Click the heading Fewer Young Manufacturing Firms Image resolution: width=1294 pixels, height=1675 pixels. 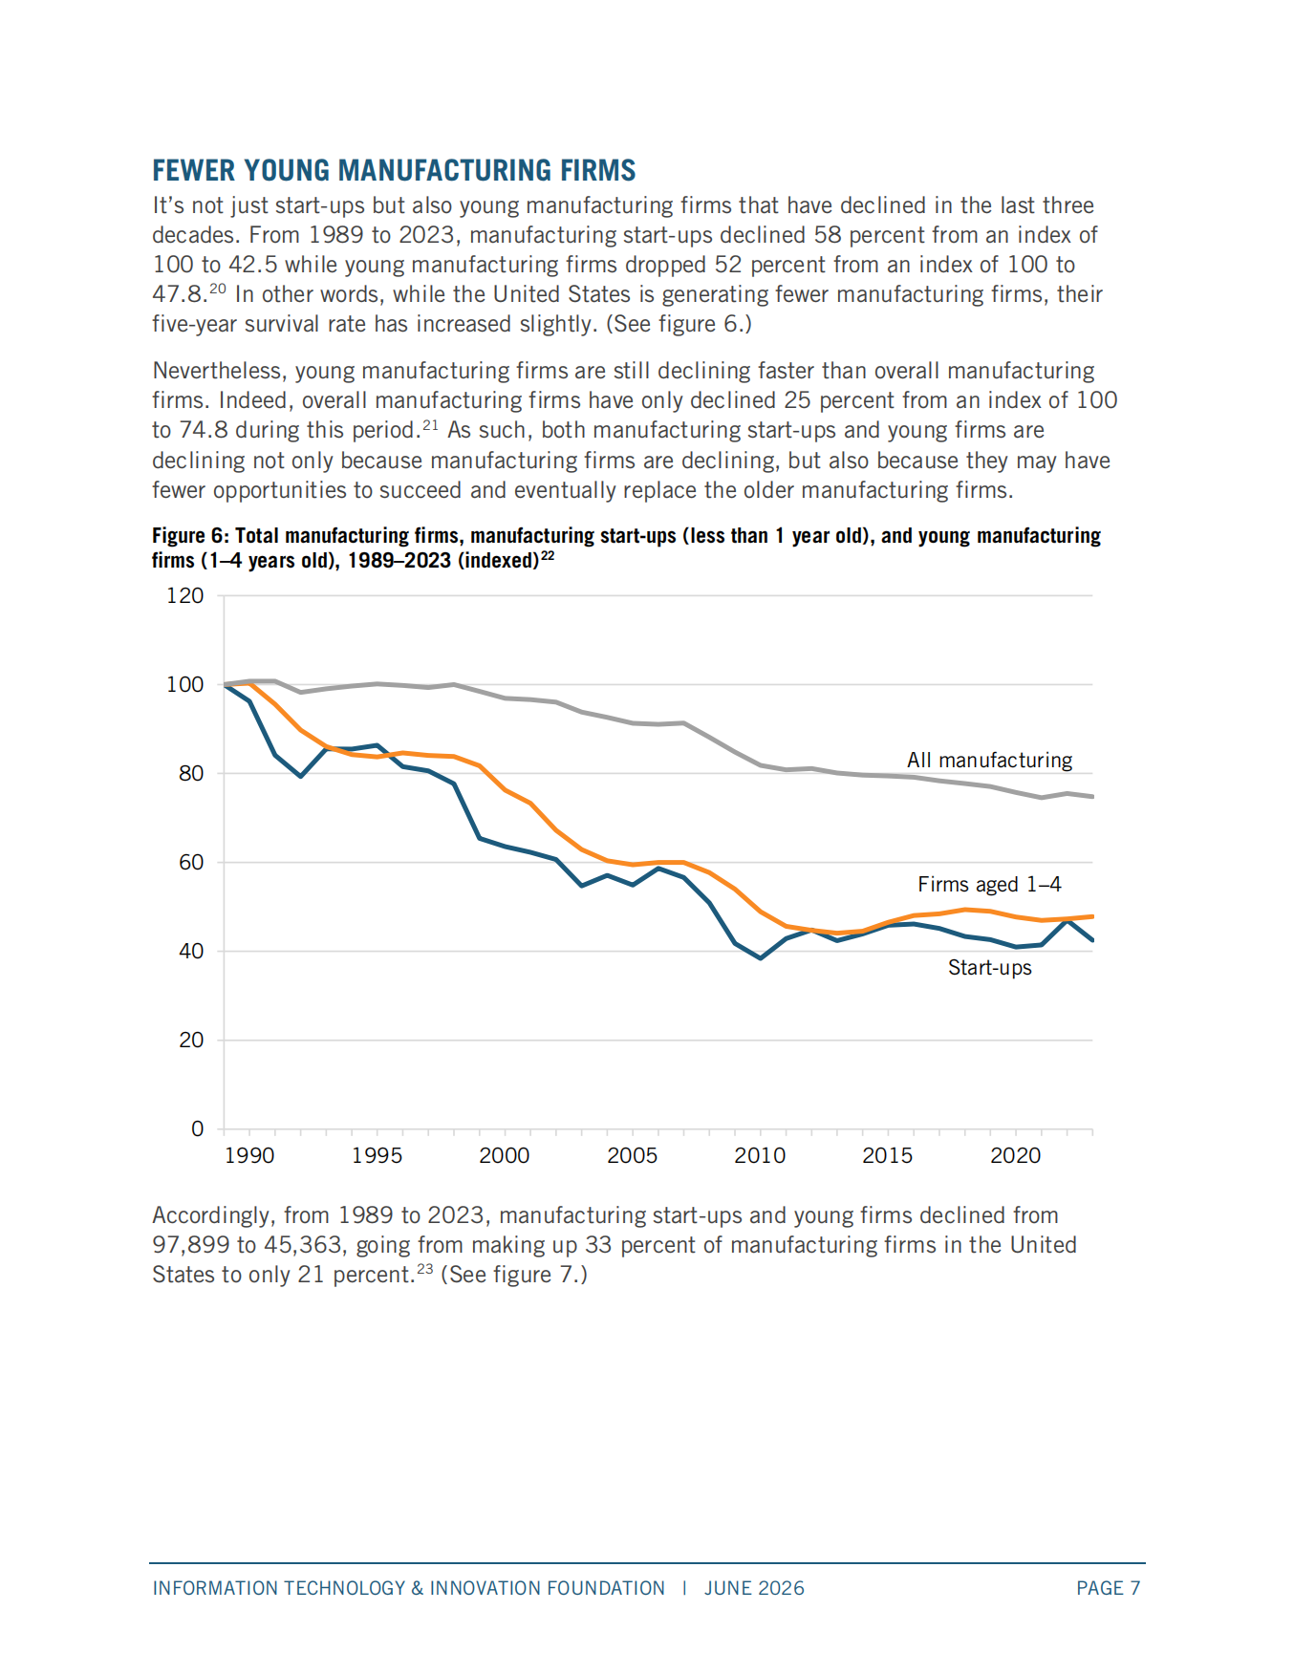(394, 170)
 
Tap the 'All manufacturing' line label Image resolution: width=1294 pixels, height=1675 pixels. (989, 760)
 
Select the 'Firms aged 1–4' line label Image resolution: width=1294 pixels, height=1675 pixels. (989, 884)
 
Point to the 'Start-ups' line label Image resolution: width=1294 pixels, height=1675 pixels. (989, 967)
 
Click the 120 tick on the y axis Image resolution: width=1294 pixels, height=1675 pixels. (185, 595)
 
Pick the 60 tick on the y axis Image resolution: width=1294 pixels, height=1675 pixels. (191, 862)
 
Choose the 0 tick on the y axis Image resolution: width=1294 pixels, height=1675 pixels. (198, 1128)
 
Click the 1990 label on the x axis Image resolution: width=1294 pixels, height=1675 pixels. (249, 1155)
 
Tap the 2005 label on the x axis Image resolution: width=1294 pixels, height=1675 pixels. (633, 1155)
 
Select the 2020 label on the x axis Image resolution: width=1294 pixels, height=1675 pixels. (1016, 1155)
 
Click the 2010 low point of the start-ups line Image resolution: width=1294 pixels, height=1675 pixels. (761, 957)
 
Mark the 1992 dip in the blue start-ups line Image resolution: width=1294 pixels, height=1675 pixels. (301, 776)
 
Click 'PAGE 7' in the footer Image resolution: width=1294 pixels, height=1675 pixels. (1109, 1588)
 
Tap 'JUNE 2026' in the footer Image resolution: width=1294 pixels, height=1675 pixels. (754, 1588)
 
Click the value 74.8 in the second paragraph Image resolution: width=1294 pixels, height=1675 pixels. (204, 430)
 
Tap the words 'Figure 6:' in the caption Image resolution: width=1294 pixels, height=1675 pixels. (190, 536)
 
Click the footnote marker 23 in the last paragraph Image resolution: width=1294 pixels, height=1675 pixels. (424, 1269)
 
